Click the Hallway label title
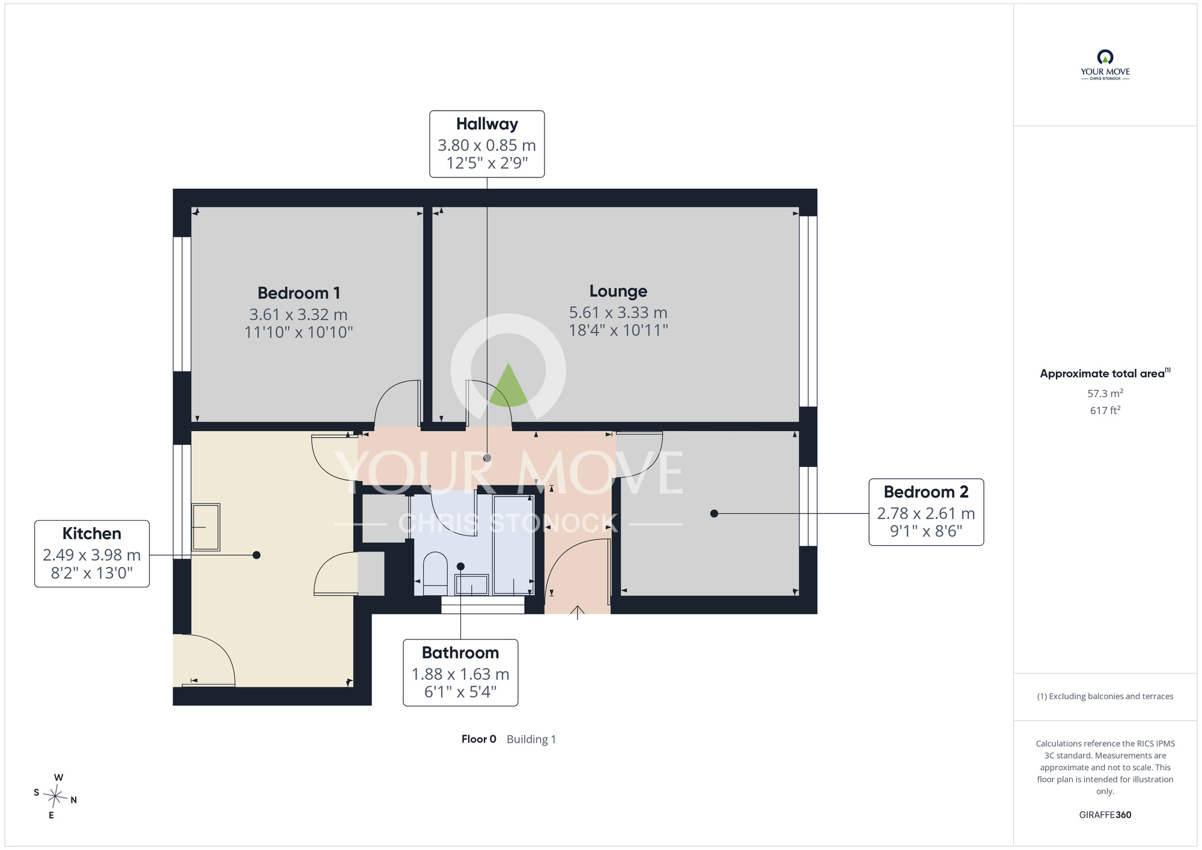(487, 124)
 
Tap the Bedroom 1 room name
(299, 293)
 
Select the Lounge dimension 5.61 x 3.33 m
(618, 313)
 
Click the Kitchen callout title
(92, 533)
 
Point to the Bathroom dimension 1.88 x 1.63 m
(460, 674)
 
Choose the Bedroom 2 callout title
(926, 492)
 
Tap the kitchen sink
(206, 527)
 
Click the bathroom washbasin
(472, 584)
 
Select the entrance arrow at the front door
(578, 613)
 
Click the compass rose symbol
(55, 797)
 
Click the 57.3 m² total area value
(1105, 393)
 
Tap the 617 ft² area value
(1105, 410)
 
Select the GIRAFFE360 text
(1105, 815)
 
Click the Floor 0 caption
(478, 739)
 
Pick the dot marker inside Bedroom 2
(714, 513)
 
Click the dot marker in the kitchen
(257, 555)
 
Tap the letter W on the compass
(58, 777)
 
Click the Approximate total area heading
(1105, 373)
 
